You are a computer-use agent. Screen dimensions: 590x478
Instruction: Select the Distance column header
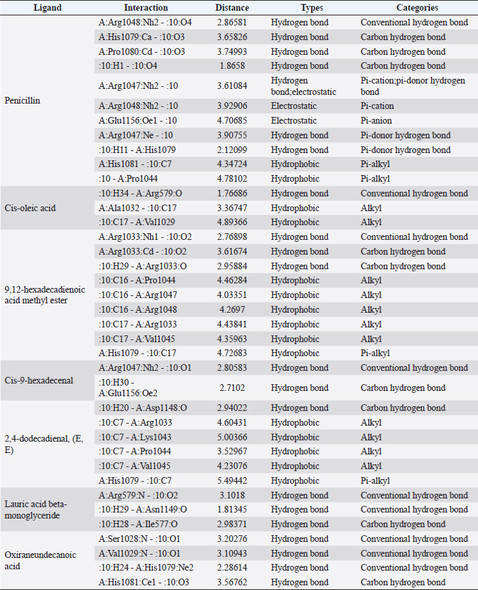(232, 8)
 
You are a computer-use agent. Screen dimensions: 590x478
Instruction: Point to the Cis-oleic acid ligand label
(31, 208)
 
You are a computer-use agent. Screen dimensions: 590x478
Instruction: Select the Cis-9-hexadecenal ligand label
(39, 380)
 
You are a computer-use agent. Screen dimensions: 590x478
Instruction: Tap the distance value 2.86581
(232, 22)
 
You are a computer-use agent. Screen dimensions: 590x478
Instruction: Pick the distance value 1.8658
(232, 66)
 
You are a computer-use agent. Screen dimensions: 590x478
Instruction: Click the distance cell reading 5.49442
(232, 481)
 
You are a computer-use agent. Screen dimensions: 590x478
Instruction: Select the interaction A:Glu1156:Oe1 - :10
(138, 121)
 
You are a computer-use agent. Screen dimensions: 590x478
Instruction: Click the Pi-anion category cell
(377, 121)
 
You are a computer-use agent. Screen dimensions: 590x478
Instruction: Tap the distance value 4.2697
(232, 309)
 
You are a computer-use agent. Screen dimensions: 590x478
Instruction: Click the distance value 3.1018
(232, 496)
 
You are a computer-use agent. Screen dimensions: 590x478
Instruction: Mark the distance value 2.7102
(232, 388)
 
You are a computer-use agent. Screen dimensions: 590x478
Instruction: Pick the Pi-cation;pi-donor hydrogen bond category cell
(412, 86)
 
